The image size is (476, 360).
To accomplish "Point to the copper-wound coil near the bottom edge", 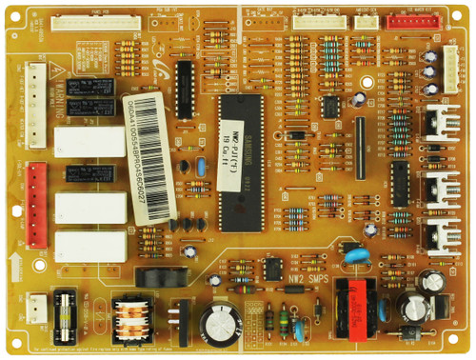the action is tap(130, 315).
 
